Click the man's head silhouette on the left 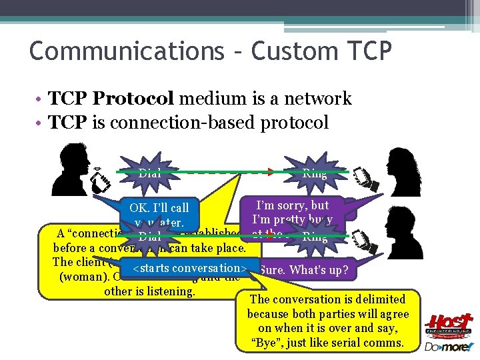[x=72, y=167]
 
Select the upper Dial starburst [x=149, y=173]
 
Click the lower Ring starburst [x=314, y=236]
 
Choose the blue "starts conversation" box [x=191, y=268]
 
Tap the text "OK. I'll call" [x=159, y=209]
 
